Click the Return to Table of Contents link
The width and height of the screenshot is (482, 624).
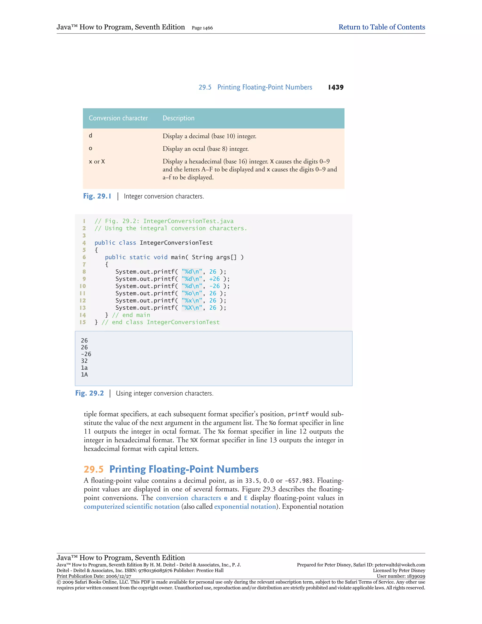tap(382, 27)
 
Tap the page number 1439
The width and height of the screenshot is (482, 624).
tap(336, 87)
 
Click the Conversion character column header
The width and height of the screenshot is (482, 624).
tap(118, 118)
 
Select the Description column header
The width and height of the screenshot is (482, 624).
tap(178, 118)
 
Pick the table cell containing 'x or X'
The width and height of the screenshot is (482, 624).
tap(97, 162)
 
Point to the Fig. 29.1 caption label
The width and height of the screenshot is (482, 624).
tap(97, 196)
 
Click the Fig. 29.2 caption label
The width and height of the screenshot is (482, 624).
tap(89, 393)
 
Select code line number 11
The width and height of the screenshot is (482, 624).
tap(83, 293)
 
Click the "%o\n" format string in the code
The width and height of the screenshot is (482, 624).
tap(192, 293)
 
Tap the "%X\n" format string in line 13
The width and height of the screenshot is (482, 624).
tap(192, 308)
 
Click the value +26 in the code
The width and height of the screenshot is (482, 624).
tap(214, 279)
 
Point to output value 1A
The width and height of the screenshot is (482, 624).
tap(84, 375)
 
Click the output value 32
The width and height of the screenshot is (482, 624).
tap(84, 361)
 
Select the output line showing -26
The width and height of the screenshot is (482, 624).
tap(86, 354)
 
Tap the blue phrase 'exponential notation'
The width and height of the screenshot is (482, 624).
tap(245, 506)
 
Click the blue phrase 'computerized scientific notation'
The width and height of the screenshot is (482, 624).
tap(132, 506)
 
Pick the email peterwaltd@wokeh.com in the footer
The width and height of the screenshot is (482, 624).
tap(400, 565)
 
